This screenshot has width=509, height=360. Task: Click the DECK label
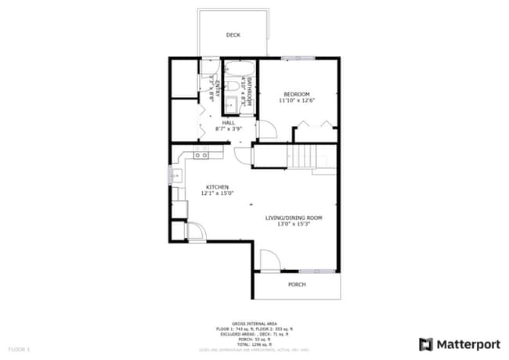[233, 35]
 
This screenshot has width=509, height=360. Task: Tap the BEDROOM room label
[297, 95]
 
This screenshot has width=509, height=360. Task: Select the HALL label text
[229, 123]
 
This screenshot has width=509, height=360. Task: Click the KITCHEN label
[217, 187]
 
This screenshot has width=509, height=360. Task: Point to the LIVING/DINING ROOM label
[294, 218]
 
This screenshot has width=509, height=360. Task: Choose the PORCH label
[297, 284]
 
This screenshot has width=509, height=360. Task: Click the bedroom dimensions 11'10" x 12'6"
[297, 101]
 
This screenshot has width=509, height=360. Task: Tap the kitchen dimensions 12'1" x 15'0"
[217, 193]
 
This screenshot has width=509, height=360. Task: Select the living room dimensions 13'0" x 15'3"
[294, 224]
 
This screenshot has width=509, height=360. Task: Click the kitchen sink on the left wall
[175, 175]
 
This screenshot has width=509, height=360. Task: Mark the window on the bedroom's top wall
[293, 57]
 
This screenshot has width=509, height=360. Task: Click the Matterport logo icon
[426, 344]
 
